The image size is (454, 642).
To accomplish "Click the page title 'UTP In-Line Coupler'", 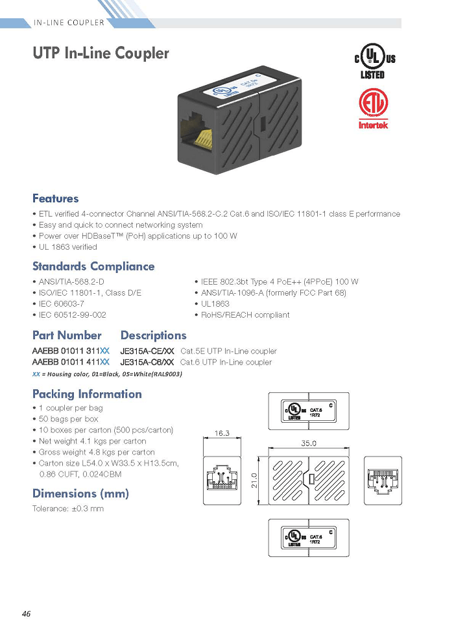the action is pos(101,53).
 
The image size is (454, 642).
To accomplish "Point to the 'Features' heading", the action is pos(55,198).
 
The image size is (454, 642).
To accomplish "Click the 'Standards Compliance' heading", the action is pos(93,267).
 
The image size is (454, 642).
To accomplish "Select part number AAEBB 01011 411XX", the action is pos(71,362).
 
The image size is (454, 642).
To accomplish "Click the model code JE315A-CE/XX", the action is pos(147,351).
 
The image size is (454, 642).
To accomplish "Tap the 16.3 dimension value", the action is pos(222,433).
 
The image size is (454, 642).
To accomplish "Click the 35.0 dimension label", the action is pos(309,444).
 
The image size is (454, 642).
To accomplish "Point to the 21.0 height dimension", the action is pos(254,481).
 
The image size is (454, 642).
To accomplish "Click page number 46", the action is pos(26,613).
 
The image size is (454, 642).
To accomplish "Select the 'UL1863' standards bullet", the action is pos(212,303).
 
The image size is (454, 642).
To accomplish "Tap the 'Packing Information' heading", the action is pos(87,394).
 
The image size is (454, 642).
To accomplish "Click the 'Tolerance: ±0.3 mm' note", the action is pos(68,508).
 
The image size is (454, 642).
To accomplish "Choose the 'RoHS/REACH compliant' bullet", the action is pos(243,315).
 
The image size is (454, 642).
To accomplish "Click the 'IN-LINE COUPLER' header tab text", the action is pos(69,23).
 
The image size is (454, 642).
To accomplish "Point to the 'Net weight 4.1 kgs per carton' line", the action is pos(90,441).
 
